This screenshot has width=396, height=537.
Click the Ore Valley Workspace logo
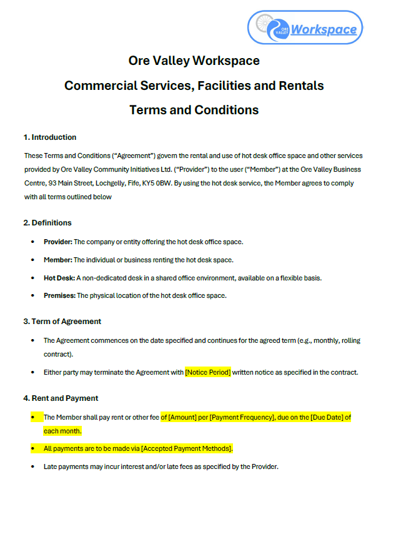(x=305, y=27)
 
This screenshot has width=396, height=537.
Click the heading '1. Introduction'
(x=50, y=137)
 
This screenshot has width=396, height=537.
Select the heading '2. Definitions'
(x=47, y=223)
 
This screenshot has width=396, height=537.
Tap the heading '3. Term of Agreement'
(x=62, y=322)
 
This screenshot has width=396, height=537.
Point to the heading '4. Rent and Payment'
(x=61, y=398)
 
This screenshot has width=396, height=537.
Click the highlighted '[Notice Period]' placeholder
(x=208, y=372)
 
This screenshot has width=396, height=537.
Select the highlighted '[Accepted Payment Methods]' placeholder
(x=187, y=448)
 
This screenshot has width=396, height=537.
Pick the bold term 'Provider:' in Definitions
(x=57, y=242)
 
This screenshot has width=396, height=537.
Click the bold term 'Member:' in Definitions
(x=57, y=260)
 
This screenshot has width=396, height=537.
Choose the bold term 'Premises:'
(x=59, y=295)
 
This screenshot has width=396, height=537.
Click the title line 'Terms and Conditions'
(x=194, y=110)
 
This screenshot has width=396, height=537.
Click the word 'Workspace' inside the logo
(x=324, y=29)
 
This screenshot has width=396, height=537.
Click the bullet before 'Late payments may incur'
(x=32, y=466)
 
